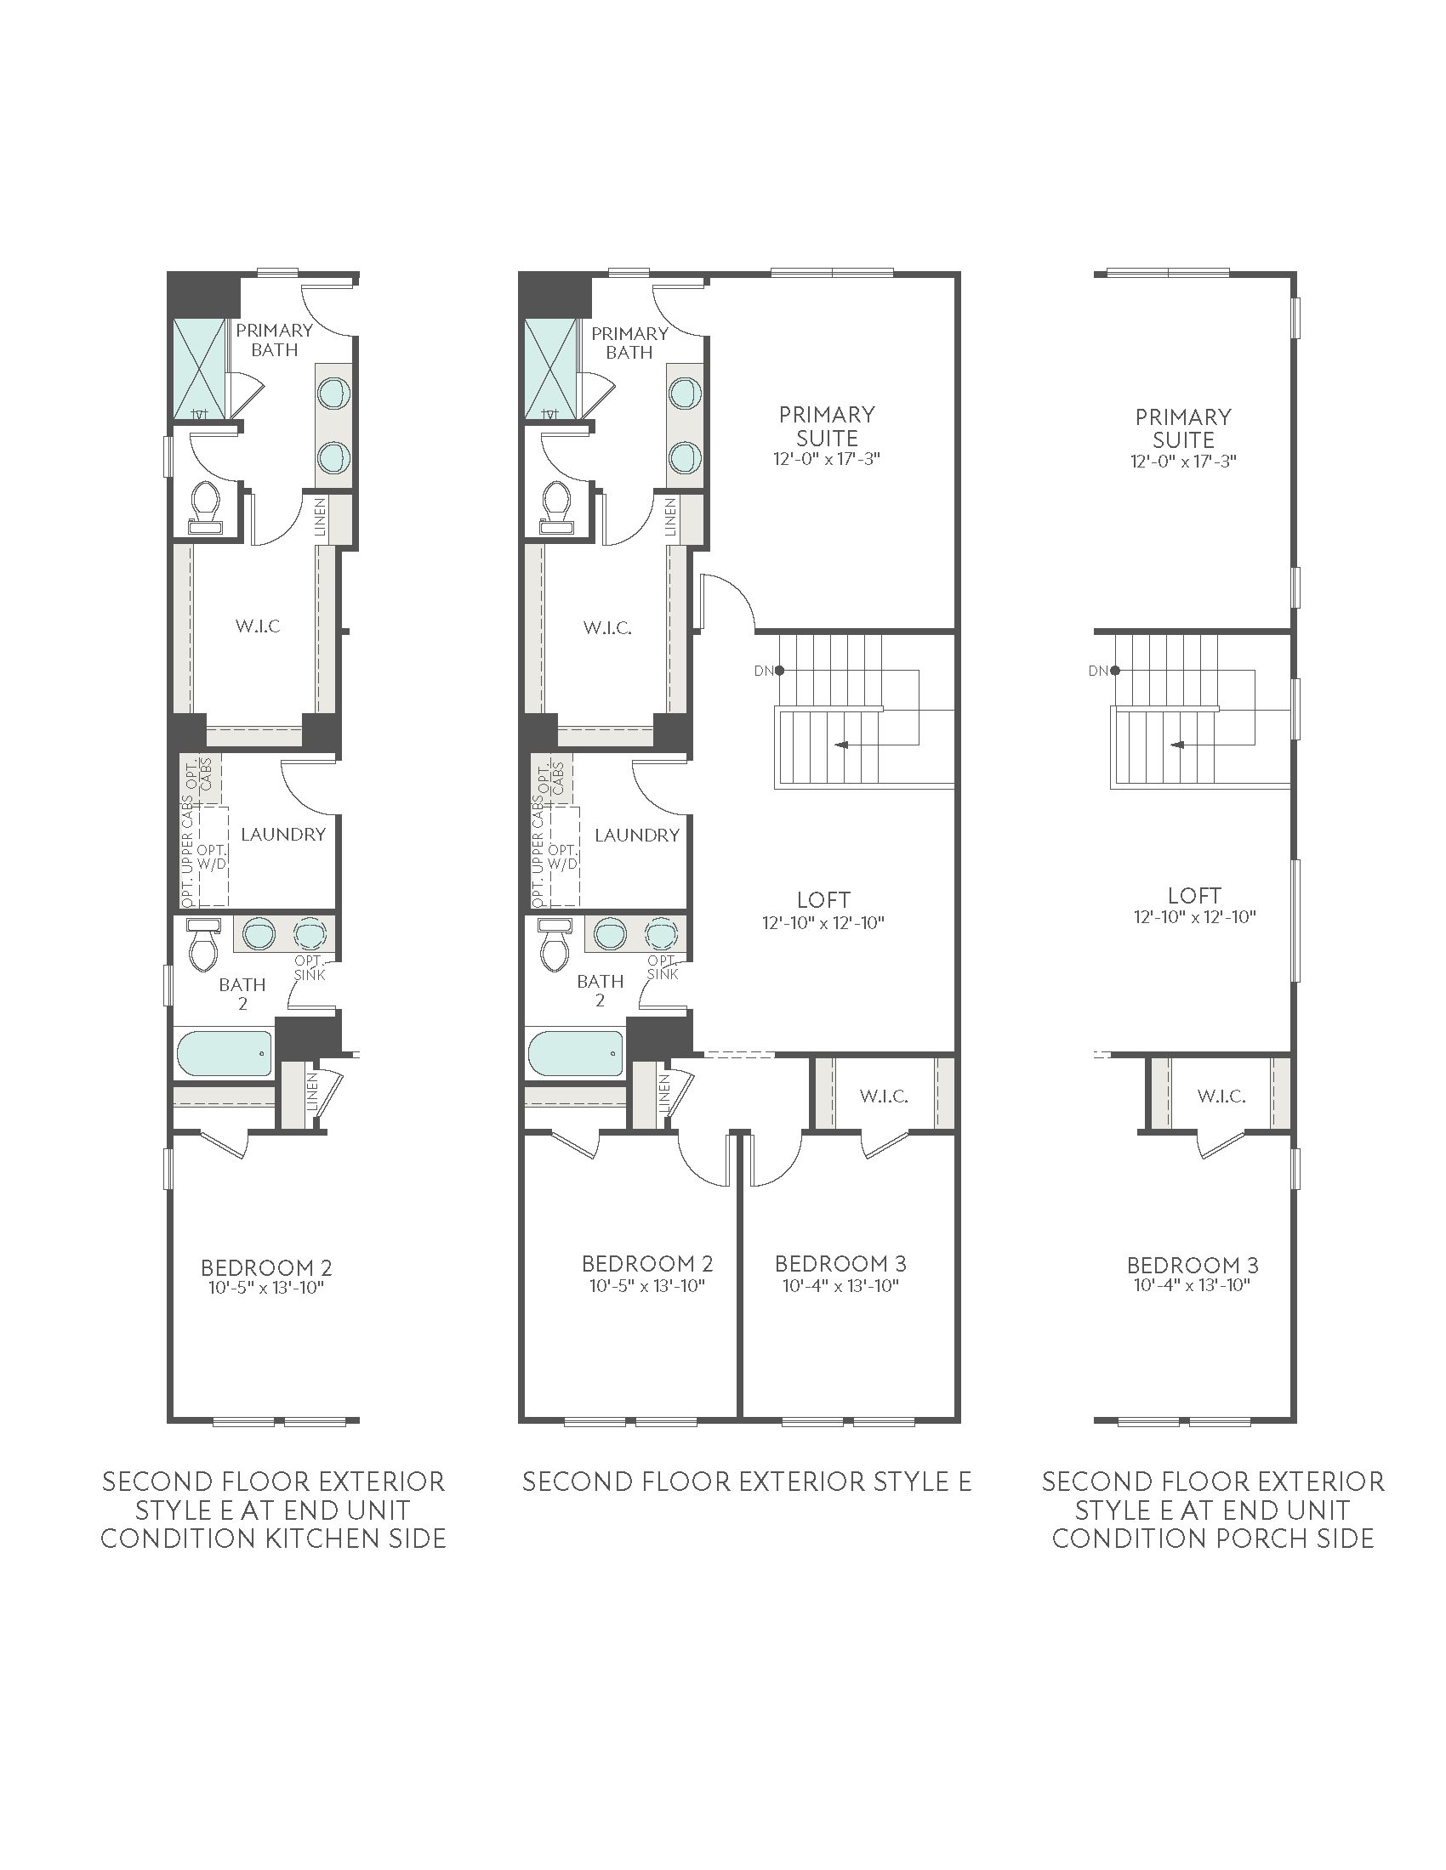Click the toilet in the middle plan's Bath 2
(x=555, y=944)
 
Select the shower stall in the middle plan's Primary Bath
(x=551, y=370)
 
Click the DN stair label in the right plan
(x=1098, y=671)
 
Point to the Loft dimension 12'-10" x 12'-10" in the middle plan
(x=823, y=923)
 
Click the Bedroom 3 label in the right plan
(x=1193, y=1265)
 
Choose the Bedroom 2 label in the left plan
(x=266, y=1267)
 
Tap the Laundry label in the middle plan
(x=637, y=835)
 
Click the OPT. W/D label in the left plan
(x=212, y=856)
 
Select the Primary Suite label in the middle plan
(x=827, y=427)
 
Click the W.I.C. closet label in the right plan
(x=1221, y=1096)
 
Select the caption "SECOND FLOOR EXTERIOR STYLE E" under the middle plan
(x=747, y=1482)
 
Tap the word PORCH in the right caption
(x=1260, y=1538)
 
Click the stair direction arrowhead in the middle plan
(x=841, y=745)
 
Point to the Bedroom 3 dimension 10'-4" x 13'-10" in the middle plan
(x=840, y=1285)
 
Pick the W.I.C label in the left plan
(x=258, y=626)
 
